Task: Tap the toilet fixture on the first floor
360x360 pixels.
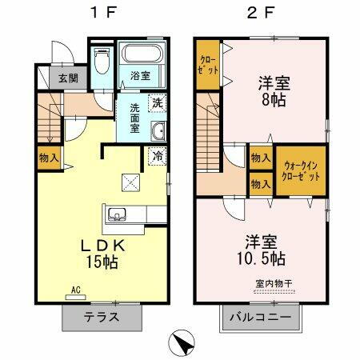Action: (100, 59)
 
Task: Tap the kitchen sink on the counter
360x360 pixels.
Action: (117, 214)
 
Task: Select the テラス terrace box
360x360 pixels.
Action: (102, 315)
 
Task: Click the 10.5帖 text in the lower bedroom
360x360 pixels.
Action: (263, 259)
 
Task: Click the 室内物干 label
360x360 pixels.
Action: (273, 284)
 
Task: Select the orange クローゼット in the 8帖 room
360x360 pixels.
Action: (207, 64)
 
